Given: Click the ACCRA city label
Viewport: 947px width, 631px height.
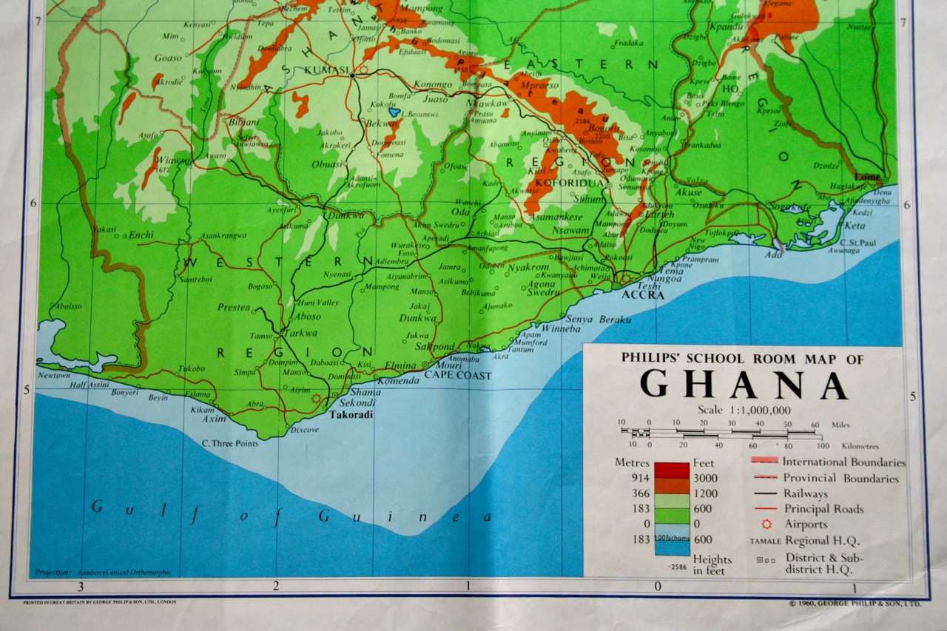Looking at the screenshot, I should pyautogui.click(x=643, y=294).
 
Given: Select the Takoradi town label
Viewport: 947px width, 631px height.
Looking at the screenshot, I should pyautogui.click(x=351, y=415).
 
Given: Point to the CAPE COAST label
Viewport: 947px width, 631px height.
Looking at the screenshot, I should pyautogui.click(x=457, y=376).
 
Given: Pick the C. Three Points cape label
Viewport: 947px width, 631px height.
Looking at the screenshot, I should pyautogui.click(x=230, y=444).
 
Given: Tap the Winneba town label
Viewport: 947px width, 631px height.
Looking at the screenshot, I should pyautogui.click(x=562, y=328).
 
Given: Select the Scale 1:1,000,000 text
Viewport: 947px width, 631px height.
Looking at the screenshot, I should pyautogui.click(x=744, y=411).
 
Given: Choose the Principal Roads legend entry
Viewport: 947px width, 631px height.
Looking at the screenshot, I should pyautogui.click(x=823, y=509).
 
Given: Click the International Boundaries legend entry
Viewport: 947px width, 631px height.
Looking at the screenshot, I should pyautogui.click(x=843, y=462).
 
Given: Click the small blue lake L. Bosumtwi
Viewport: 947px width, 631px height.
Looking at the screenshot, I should pyautogui.click(x=395, y=112).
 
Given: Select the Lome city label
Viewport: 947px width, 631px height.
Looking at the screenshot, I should pyautogui.click(x=868, y=178).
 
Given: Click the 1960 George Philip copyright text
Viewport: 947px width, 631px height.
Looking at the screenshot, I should pyautogui.click(x=855, y=604).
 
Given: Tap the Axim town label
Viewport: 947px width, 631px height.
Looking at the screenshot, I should pyautogui.click(x=215, y=419).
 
